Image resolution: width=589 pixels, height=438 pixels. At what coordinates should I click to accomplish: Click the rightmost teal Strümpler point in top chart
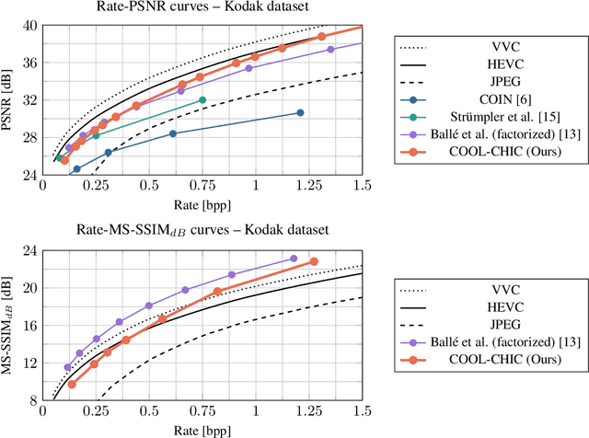(202, 99)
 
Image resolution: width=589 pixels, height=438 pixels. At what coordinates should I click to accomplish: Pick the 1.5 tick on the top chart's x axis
(363, 187)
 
